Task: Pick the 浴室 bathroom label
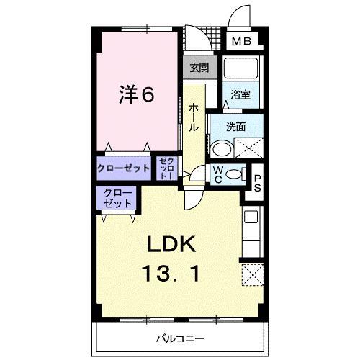240,95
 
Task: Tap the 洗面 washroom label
235,127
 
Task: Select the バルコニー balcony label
181,338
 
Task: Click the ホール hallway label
194,115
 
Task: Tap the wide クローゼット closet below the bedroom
124,168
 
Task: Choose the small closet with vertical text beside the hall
166,168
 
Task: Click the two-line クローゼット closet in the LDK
117,197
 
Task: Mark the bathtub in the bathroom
240,70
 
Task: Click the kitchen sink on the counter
251,216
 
